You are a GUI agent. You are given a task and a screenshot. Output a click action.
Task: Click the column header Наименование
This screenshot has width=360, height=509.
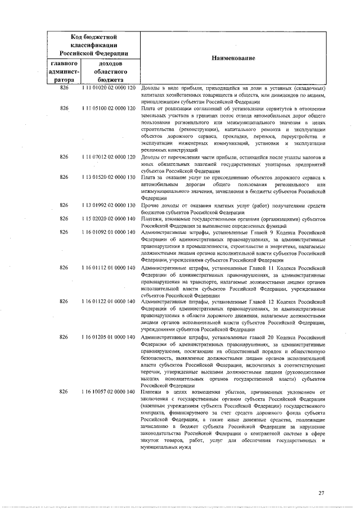(x=233, y=58)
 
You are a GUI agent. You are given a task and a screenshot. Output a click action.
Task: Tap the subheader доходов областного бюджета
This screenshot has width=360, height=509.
(x=107, y=71)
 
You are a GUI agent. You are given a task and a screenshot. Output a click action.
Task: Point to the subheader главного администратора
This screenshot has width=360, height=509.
(x=64, y=71)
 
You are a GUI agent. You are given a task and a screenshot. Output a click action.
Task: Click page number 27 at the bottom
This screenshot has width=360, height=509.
(x=321, y=493)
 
